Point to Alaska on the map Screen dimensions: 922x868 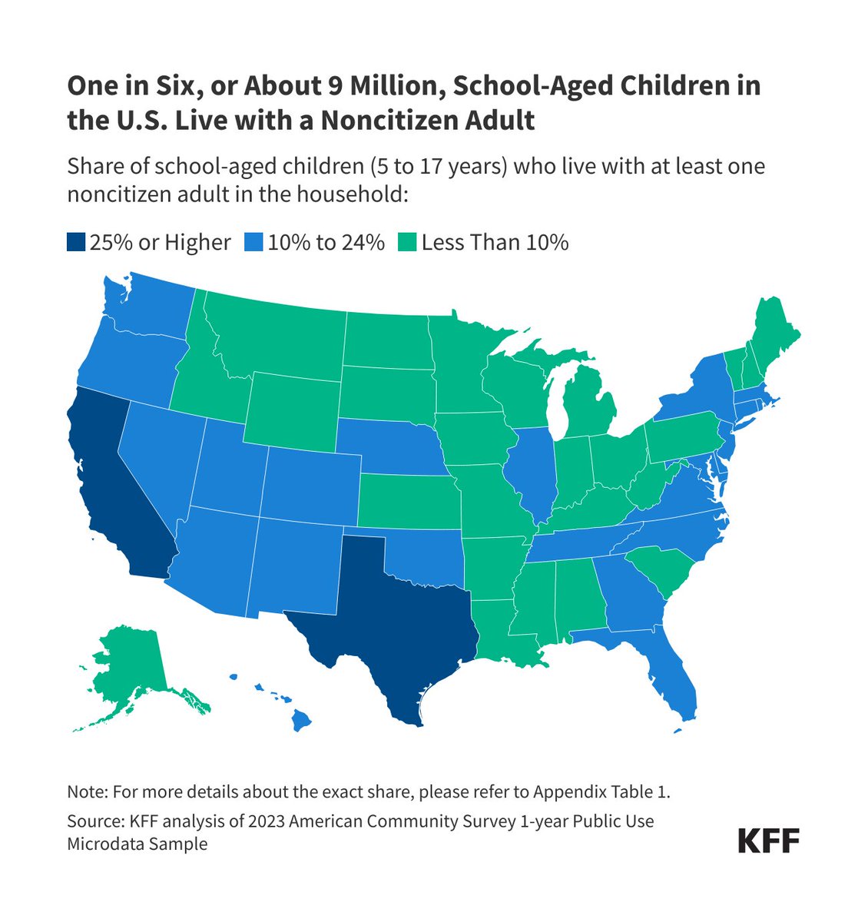point(131,668)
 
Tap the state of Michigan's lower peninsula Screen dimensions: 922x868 point(591,407)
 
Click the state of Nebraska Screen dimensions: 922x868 point(384,446)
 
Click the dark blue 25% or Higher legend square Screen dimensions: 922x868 point(75,244)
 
